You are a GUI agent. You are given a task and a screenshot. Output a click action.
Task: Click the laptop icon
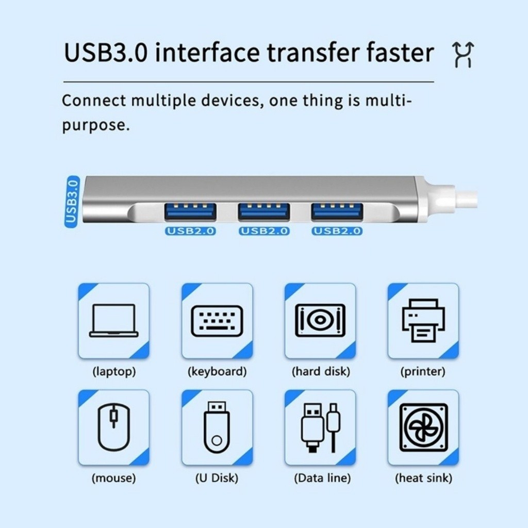[114, 321]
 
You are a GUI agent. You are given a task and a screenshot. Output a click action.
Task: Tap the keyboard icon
[217, 321]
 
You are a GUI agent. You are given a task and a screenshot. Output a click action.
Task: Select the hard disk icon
[320, 320]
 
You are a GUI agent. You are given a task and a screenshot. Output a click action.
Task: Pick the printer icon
[423, 320]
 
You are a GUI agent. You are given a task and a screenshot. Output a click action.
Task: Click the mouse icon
[114, 427]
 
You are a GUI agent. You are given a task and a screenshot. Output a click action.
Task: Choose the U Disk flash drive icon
[217, 427]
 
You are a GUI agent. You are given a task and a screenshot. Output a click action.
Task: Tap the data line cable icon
[320, 427]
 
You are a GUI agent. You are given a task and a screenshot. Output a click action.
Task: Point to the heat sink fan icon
[424, 427]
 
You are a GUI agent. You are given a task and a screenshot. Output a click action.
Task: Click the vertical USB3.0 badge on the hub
[72, 202]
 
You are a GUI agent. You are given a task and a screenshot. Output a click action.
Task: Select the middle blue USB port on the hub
[263, 212]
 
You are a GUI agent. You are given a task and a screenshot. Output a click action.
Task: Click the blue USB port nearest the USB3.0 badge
[190, 212]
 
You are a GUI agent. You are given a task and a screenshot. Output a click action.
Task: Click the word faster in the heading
[400, 53]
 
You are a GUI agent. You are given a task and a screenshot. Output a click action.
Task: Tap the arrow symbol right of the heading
[463, 54]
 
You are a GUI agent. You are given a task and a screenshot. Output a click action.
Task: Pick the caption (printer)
[423, 371]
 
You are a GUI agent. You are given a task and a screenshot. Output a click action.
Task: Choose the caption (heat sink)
[424, 478]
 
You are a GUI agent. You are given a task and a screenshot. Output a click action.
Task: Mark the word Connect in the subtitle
[94, 101]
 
